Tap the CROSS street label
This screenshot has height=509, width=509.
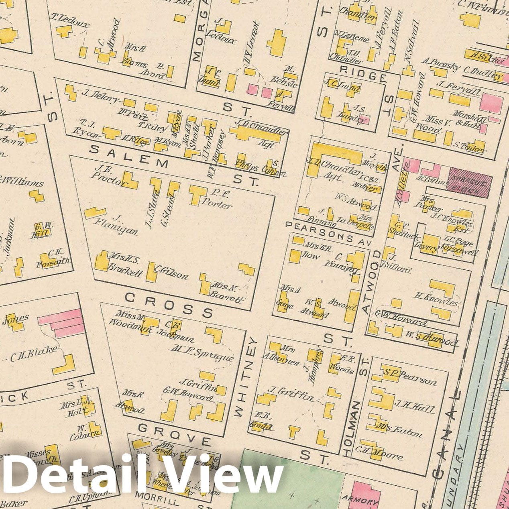169,304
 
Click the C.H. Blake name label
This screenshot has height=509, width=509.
34,353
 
